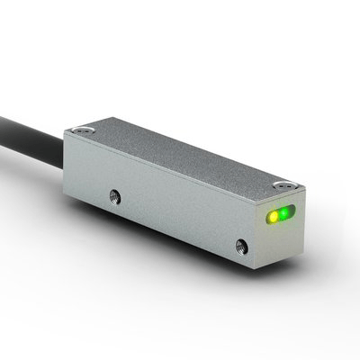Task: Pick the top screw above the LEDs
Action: tap(286, 183)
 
